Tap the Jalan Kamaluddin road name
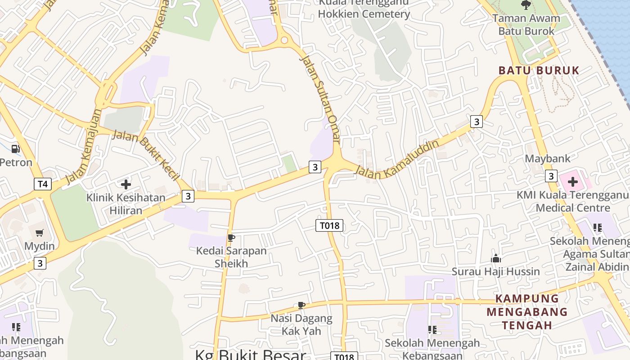(397, 160)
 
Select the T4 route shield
(42, 184)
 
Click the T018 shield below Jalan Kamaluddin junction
(329, 225)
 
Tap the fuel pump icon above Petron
(16, 148)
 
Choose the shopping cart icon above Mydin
(40, 233)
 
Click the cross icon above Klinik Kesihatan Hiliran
(126, 184)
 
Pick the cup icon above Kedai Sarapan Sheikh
(231, 238)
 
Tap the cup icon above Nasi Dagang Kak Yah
(301, 306)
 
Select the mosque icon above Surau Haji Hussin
(496, 258)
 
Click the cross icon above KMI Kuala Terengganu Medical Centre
(572, 182)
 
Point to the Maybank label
(548, 158)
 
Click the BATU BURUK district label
(539, 71)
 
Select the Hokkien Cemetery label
(364, 14)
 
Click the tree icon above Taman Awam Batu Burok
(526, 5)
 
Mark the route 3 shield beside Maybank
(551, 176)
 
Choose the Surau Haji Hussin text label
(496, 271)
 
